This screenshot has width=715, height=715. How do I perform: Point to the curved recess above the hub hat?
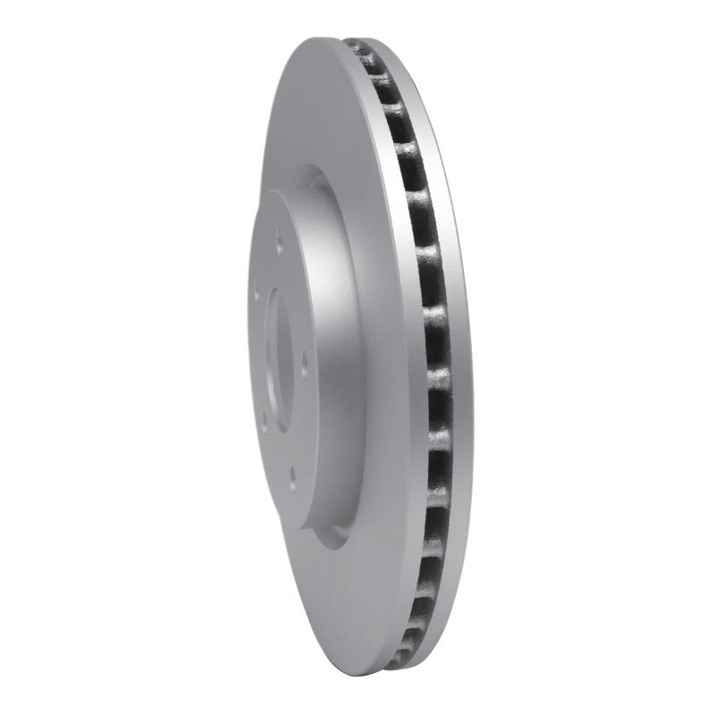pyautogui.click(x=308, y=179)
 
